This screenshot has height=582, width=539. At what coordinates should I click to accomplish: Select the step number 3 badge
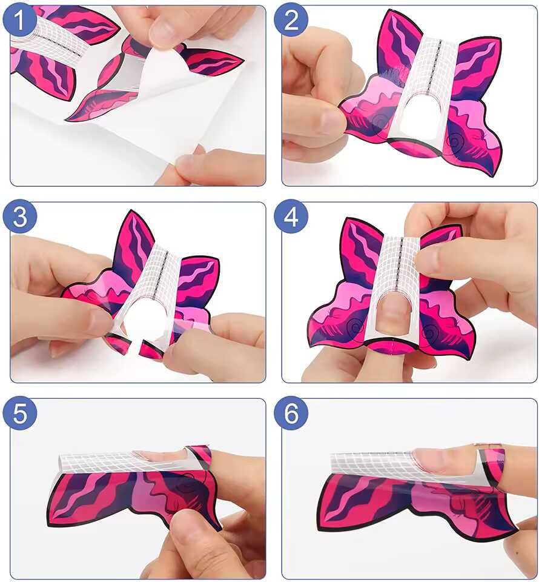(19, 216)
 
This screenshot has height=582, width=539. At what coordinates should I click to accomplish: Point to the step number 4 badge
(291, 216)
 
